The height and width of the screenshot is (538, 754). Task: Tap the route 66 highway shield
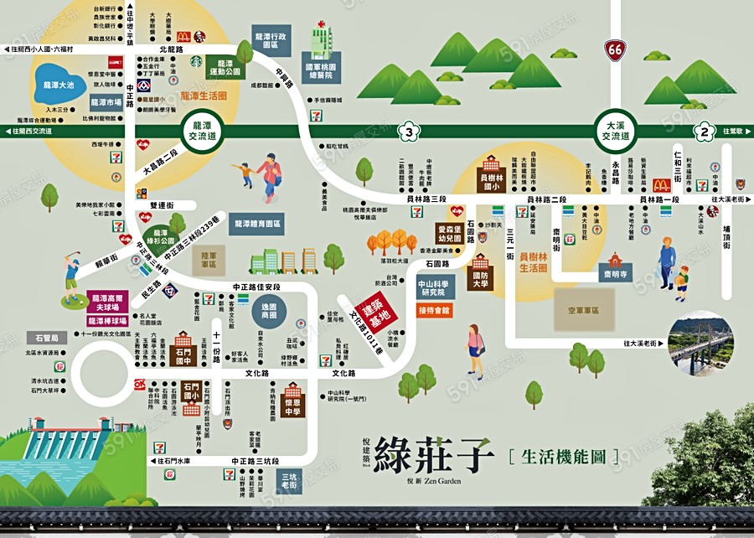(616, 50)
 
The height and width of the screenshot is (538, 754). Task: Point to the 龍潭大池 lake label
(59, 85)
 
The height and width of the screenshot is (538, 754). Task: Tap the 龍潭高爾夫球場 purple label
(106, 303)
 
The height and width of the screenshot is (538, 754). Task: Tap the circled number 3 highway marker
(408, 131)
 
